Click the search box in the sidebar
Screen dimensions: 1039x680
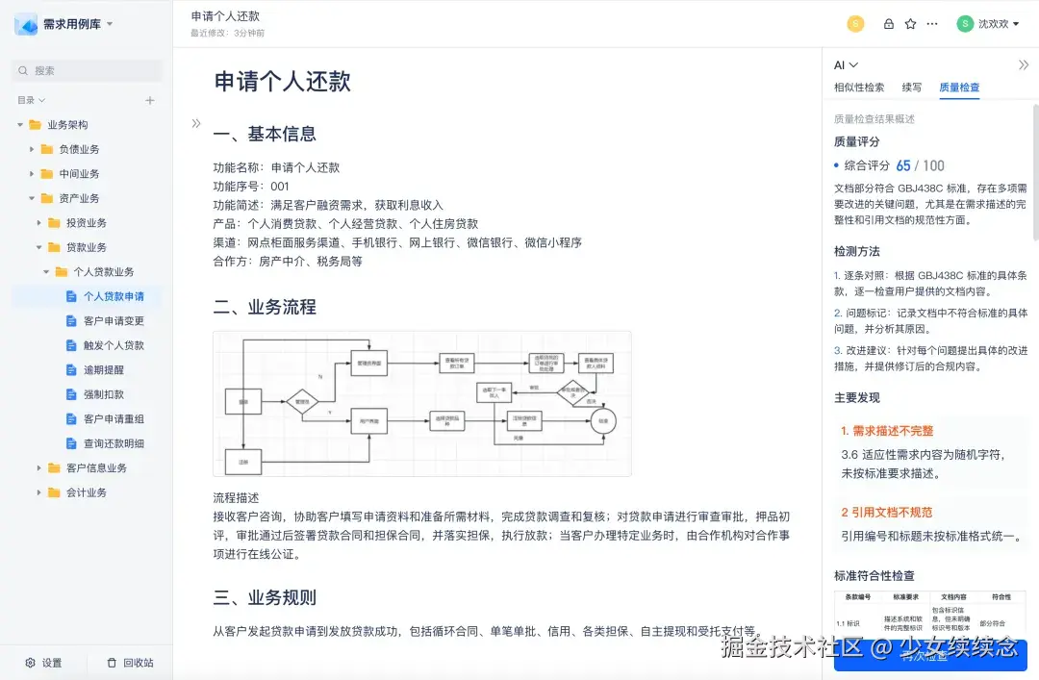coord(87,70)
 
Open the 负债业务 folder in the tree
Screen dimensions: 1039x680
coord(79,149)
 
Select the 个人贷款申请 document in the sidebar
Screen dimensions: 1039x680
coord(114,296)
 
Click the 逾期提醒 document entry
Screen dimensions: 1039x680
coord(103,369)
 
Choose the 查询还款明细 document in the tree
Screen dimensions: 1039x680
coord(114,443)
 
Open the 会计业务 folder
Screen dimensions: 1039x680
coord(87,492)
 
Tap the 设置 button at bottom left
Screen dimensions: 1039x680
coord(44,663)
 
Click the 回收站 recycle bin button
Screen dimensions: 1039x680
coord(130,663)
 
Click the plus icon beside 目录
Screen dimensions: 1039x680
coord(150,100)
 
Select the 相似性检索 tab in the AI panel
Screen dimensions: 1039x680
coord(859,88)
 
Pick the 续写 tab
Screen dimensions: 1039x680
coord(911,88)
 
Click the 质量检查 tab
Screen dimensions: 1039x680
coord(959,88)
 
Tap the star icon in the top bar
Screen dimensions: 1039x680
coord(910,24)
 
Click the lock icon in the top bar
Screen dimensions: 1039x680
coord(888,24)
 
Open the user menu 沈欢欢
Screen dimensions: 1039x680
coord(988,24)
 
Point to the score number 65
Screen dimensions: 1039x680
coord(902,165)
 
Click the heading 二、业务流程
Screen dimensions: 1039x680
coord(265,308)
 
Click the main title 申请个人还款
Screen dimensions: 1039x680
coord(282,82)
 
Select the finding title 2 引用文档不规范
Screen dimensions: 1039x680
coord(886,513)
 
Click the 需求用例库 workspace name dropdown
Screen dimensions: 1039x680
coord(77,24)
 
